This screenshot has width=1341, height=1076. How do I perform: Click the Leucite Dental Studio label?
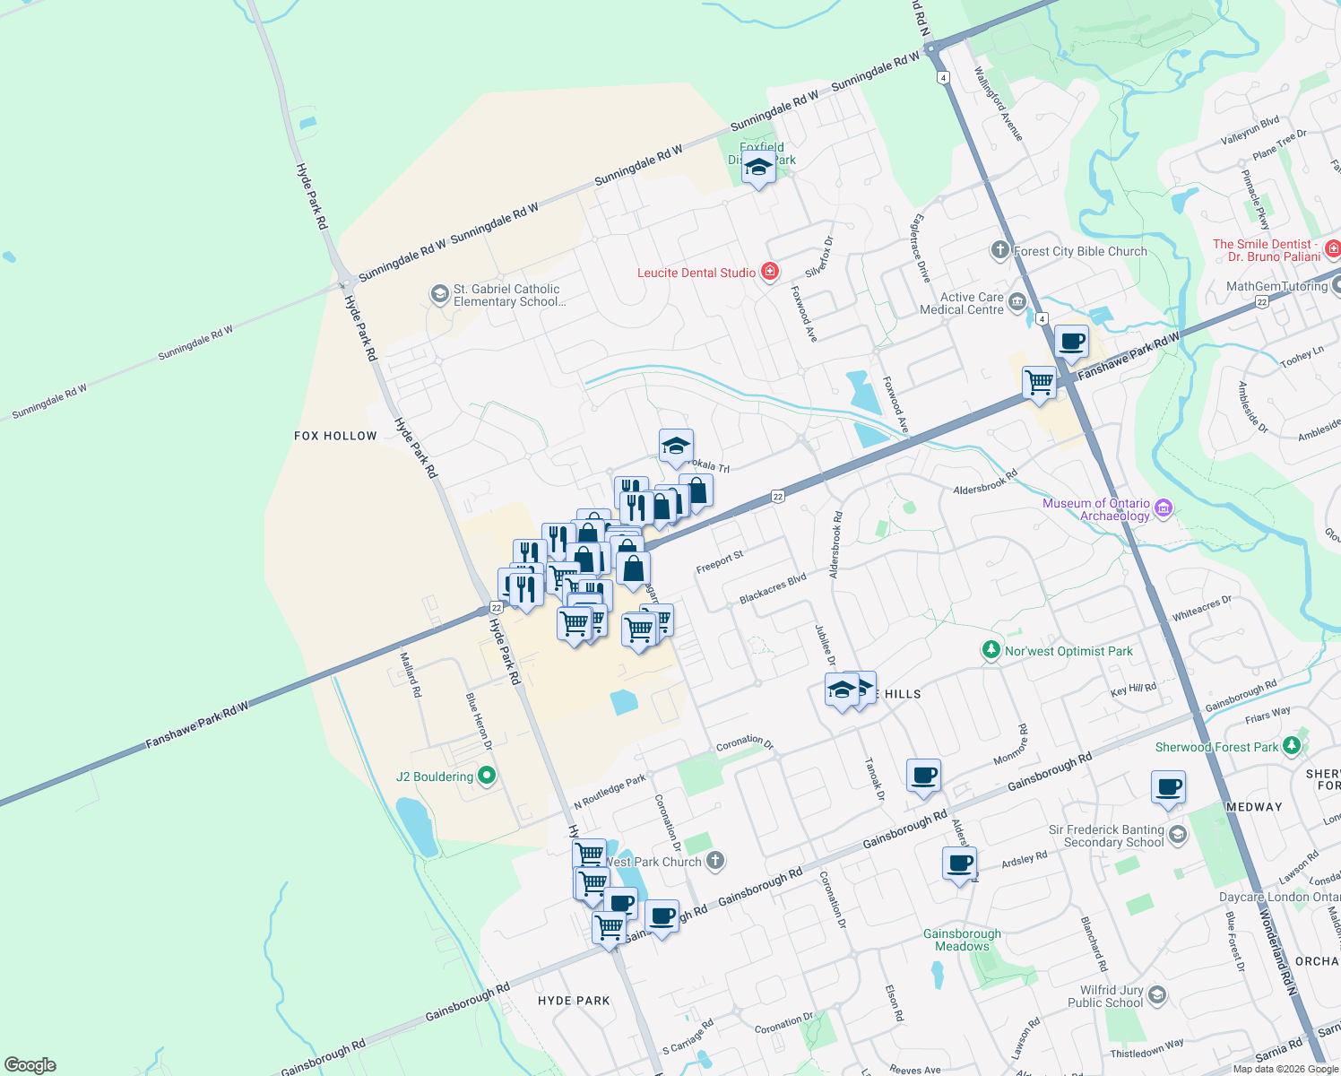click(696, 273)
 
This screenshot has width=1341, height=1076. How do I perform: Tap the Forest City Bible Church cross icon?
click(1000, 250)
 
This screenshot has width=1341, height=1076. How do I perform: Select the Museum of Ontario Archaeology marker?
click(1164, 508)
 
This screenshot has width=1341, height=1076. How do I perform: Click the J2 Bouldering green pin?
click(487, 776)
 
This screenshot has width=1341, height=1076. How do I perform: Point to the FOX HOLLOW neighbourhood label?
click(335, 436)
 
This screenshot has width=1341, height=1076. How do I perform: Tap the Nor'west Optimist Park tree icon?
click(991, 650)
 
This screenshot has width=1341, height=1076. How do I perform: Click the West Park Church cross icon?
click(714, 862)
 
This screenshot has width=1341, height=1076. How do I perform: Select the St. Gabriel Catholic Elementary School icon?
click(439, 294)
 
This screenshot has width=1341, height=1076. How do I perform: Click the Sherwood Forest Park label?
click(1216, 747)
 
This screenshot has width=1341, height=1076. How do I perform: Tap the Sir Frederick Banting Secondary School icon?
click(1178, 836)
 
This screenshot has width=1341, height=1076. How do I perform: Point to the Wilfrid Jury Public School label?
click(1111, 996)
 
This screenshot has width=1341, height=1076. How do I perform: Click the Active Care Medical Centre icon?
click(1017, 302)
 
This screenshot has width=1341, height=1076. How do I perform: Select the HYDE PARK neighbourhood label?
click(574, 1001)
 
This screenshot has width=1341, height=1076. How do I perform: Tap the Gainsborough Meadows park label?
click(962, 940)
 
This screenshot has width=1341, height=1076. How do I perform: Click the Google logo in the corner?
click(30, 1065)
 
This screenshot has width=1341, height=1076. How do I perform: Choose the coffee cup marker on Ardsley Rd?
click(959, 864)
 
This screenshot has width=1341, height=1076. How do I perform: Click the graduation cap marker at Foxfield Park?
click(758, 167)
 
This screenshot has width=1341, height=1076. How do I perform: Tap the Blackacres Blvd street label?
click(773, 588)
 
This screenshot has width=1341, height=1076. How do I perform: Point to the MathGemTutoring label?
click(1276, 287)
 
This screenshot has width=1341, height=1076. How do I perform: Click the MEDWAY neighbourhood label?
click(1254, 807)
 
